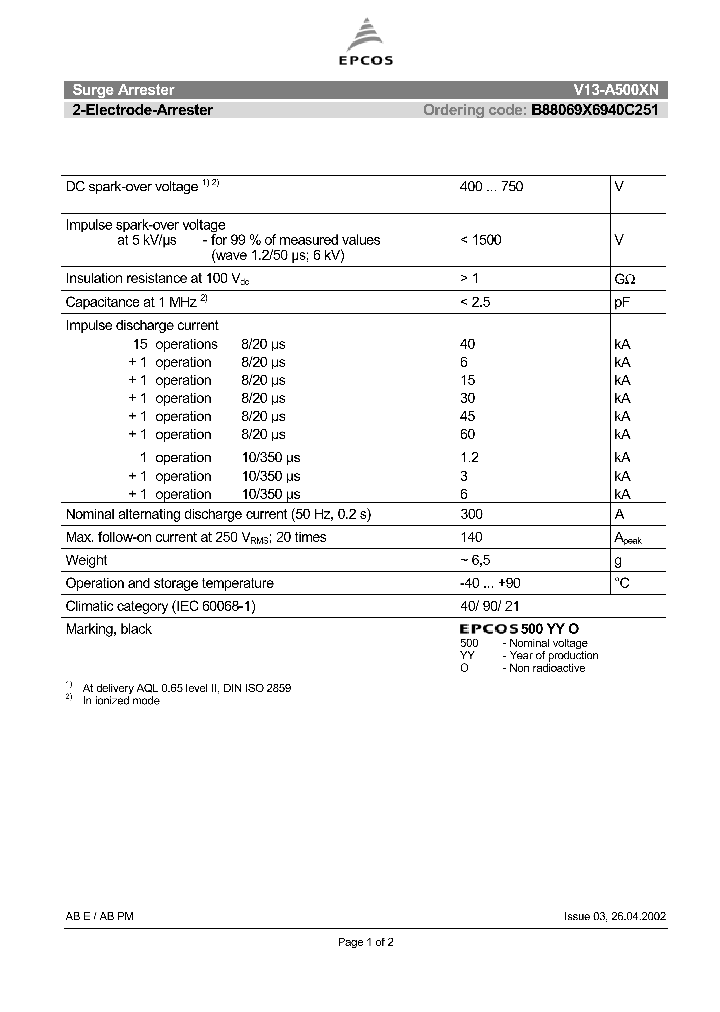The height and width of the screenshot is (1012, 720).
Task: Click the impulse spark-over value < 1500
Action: coord(481,240)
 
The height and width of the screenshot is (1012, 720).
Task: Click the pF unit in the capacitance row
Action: coord(622,302)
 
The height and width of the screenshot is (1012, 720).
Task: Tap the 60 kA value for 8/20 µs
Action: coord(468,434)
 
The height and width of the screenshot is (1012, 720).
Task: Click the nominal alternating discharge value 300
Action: coord(471,514)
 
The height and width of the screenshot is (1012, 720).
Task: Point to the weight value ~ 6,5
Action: coord(475,561)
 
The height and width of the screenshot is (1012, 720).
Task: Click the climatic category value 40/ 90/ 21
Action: coord(490,606)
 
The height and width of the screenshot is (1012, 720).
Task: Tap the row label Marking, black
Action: coord(109,629)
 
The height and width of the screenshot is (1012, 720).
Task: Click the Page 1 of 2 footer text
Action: coord(366,942)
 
